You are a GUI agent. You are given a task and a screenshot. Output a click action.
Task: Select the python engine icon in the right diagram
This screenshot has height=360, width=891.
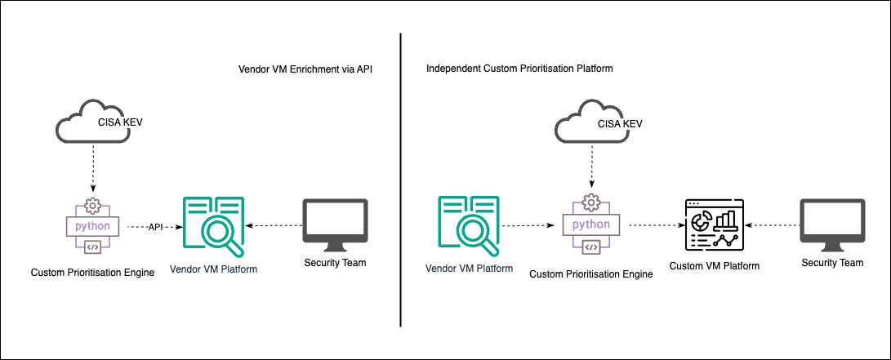(x=591, y=224)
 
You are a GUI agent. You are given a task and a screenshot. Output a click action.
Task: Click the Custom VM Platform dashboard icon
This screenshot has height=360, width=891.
(x=711, y=224)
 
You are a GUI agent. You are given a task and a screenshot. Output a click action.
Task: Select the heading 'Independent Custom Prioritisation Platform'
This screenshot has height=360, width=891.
(x=519, y=69)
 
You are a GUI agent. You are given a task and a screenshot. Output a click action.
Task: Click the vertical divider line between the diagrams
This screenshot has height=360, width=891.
(x=401, y=180)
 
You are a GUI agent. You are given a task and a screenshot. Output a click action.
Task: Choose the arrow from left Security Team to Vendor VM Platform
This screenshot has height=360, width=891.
(x=274, y=225)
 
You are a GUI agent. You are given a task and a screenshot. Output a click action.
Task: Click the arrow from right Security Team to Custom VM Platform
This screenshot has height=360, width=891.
(x=772, y=225)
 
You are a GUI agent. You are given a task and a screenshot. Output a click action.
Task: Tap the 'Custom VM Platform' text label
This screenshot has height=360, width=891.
(x=714, y=266)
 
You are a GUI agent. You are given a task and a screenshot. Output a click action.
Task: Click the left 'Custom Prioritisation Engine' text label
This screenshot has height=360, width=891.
(x=92, y=272)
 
